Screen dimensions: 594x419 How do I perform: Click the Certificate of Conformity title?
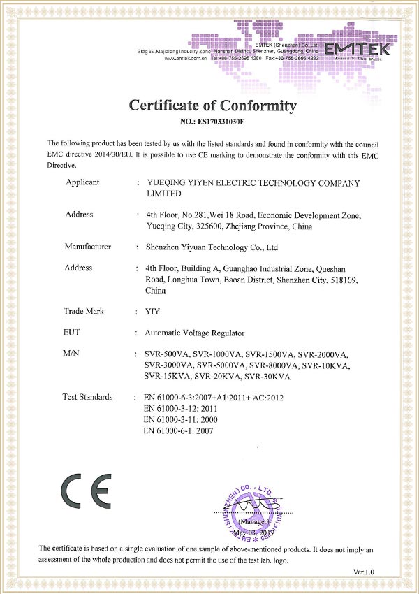(x=213, y=106)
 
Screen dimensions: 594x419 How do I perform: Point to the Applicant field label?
(x=82, y=182)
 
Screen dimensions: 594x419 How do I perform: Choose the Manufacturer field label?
(x=88, y=247)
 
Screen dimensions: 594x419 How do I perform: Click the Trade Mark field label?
(x=84, y=311)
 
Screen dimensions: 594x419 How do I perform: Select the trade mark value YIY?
(x=151, y=312)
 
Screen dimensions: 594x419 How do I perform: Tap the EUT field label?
(x=72, y=333)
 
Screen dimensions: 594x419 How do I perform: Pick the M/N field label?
(x=72, y=354)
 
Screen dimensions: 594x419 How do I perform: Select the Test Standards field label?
(x=88, y=397)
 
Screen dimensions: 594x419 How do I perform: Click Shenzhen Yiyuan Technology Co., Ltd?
(x=212, y=247)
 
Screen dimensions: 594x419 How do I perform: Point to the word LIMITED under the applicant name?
(x=163, y=194)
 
